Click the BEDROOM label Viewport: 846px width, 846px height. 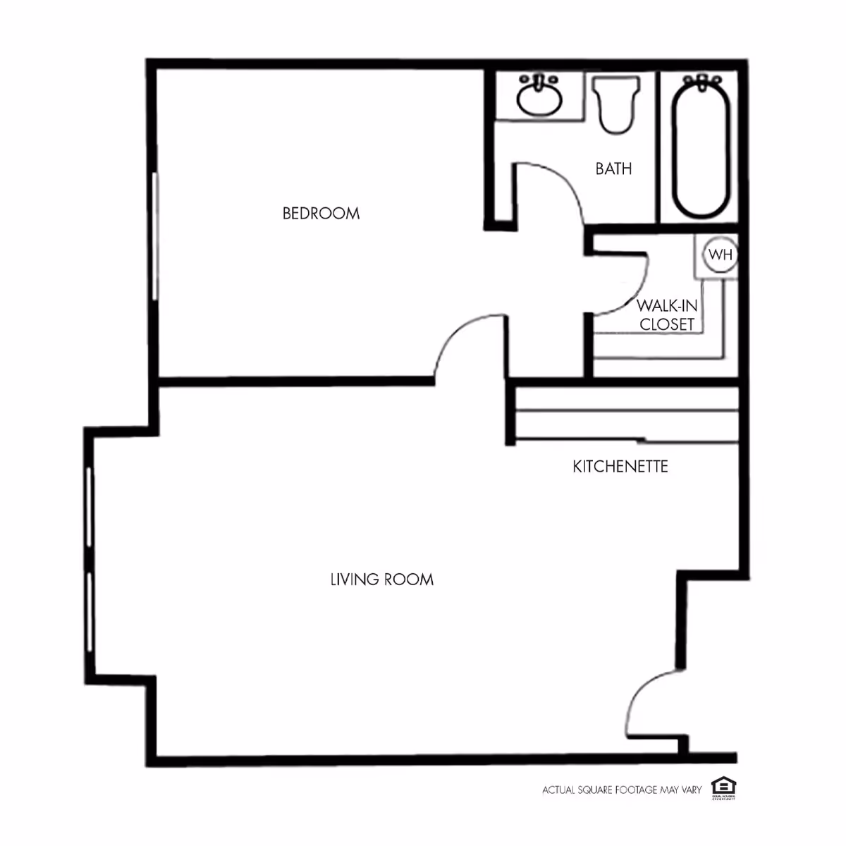click(321, 213)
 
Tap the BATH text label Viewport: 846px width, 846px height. click(613, 169)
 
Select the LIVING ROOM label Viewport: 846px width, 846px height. click(381, 580)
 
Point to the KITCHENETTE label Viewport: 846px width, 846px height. click(620, 467)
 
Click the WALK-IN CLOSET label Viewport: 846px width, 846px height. click(666, 315)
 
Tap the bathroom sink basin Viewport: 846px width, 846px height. click(539, 99)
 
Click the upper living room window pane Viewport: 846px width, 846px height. click(90, 506)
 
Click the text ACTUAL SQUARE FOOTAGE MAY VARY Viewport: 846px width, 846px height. click(622, 790)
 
